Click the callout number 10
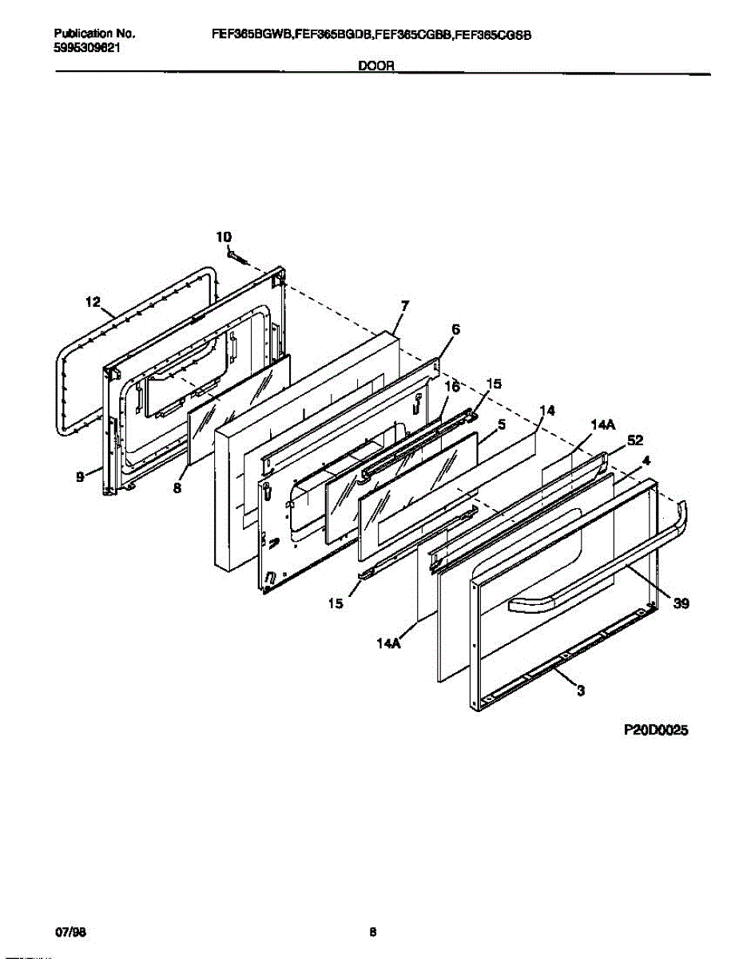pyautogui.click(x=224, y=237)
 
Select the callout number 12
pyautogui.click(x=93, y=302)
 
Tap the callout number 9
pyautogui.click(x=81, y=477)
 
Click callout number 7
pyautogui.click(x=404, y=305)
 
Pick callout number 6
pyautogui.click(x=455, y=328)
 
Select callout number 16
pyautogui.click(x=451, y=387)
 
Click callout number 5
pyautogui.click(x=501, y=425)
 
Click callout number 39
pyautogui.click(x=681, y=604)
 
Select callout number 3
pyautogui.click(x=580, y=690)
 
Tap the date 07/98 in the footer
pyautogui.click(x=68, y=932)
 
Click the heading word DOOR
pyautogui.click(x=375, y=67)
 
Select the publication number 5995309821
pyautogui.click(x=87, y=48)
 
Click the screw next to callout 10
pyautogui.click(x=236, y=257)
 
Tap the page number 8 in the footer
pyautogui.click(x=372, y=932)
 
